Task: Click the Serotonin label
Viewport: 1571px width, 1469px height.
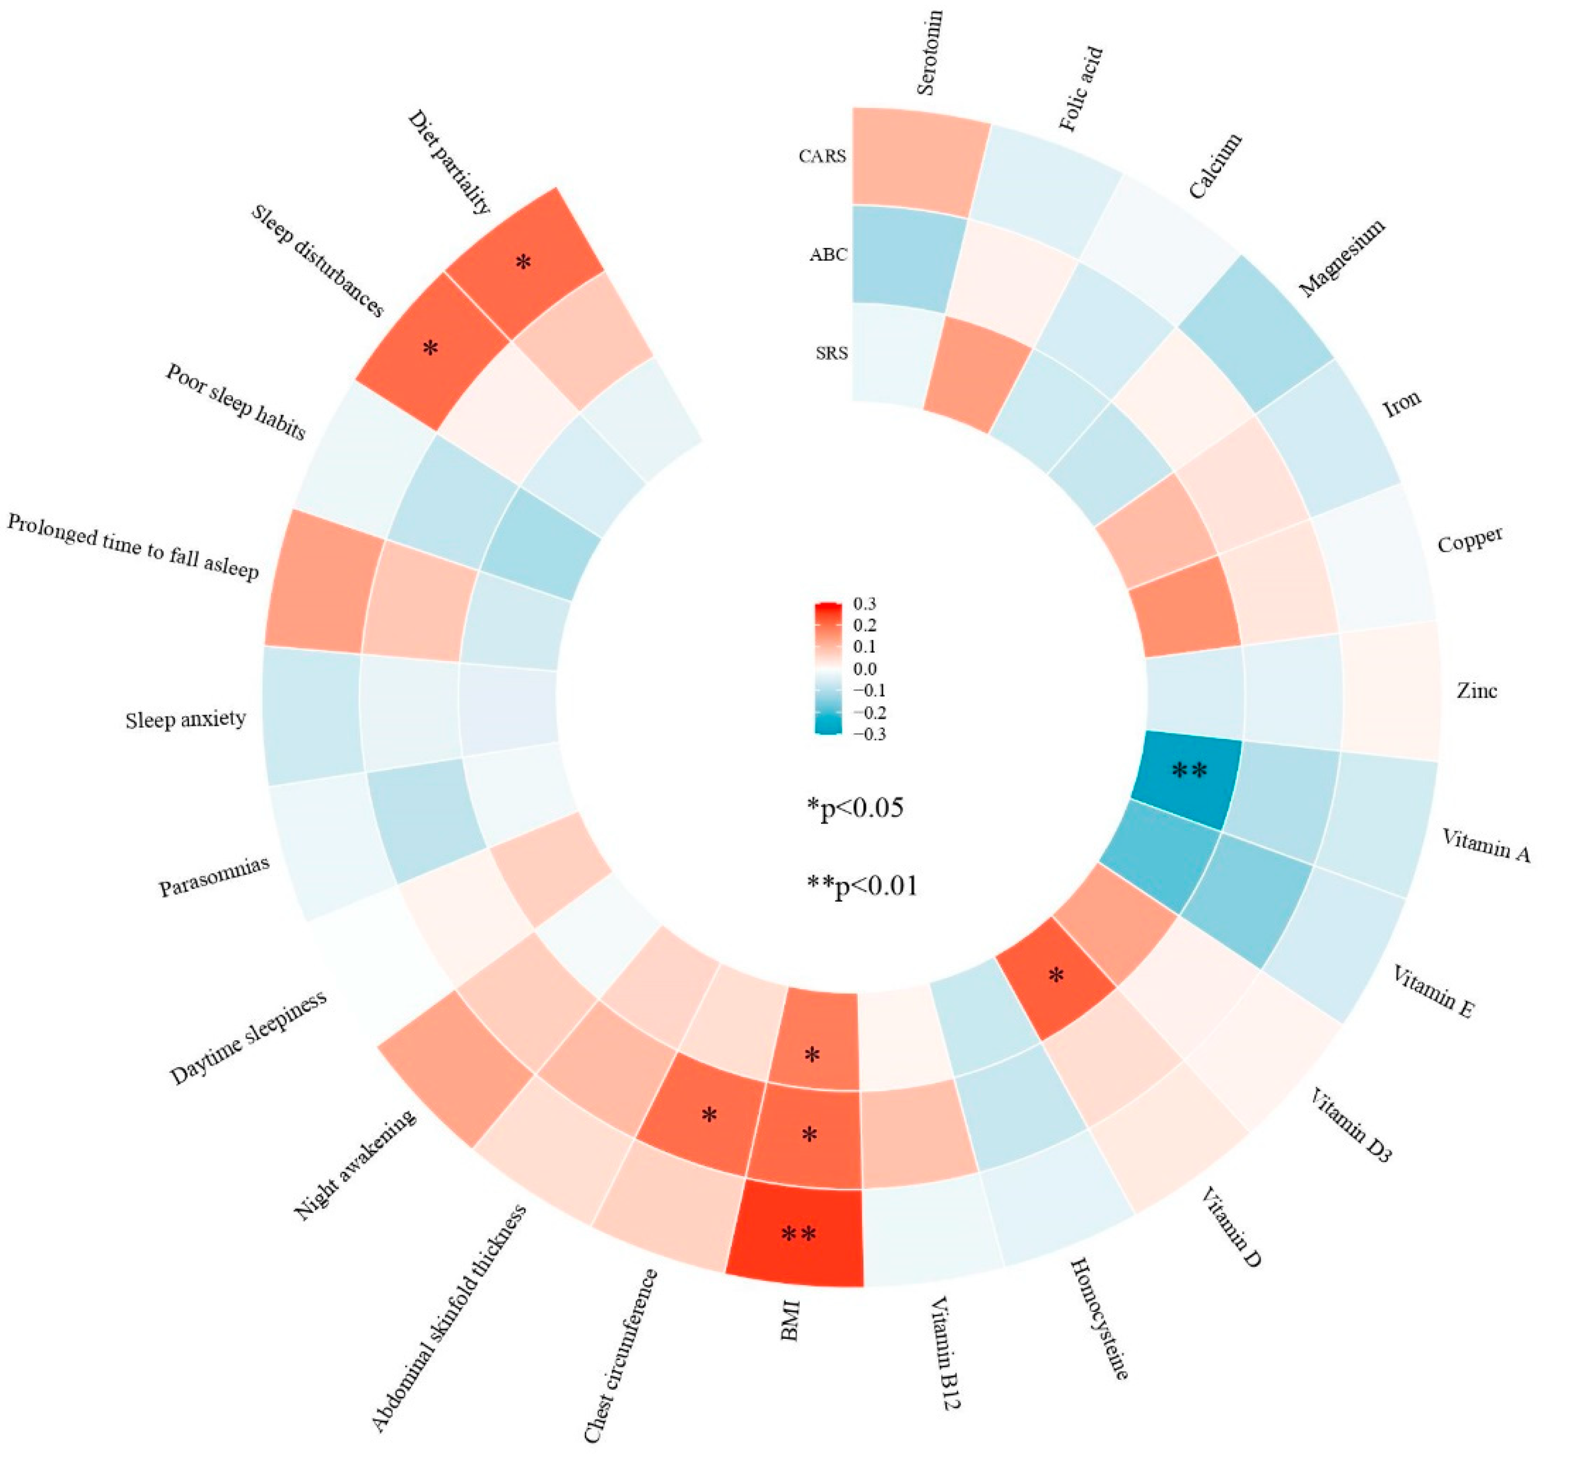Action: click(930, 53)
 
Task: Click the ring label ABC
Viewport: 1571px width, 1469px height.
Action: click(827, 255)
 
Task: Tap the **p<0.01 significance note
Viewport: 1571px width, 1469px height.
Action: click(862, 886)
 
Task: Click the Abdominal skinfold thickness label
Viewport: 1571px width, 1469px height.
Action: click(448, 1318)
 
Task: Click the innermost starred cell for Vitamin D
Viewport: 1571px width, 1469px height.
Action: click(1056, 978)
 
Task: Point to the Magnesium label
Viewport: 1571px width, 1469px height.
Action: click(1342, 258)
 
